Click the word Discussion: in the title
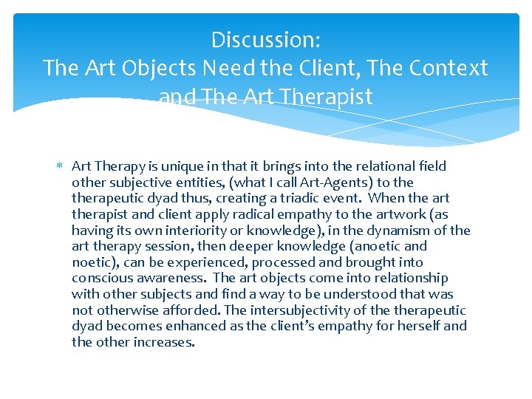pyautogui.click(x=265, y=38)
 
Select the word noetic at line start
pyautogui.click(x=92, y=262)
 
